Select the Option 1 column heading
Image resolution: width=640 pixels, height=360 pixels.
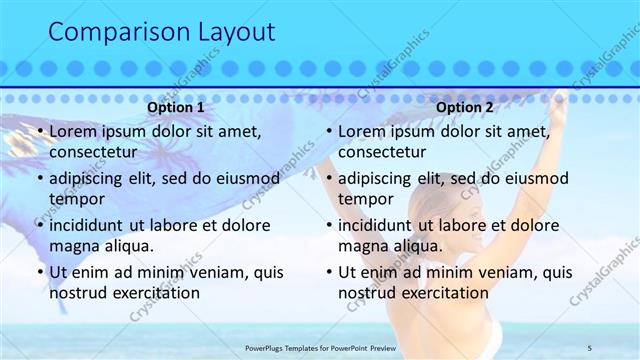[x=176, y=108]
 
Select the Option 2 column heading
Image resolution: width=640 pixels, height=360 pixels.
[x=465, y=108]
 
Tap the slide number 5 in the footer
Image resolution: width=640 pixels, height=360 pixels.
[x=590, y=347]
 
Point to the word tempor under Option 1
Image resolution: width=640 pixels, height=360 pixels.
[x=76, y=199]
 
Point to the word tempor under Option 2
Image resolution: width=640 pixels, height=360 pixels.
[x=365, y=199]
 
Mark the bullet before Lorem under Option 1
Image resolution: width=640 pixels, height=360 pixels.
[x=39, y=132]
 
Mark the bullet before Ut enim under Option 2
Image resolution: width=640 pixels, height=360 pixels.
[x=328, y=272]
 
